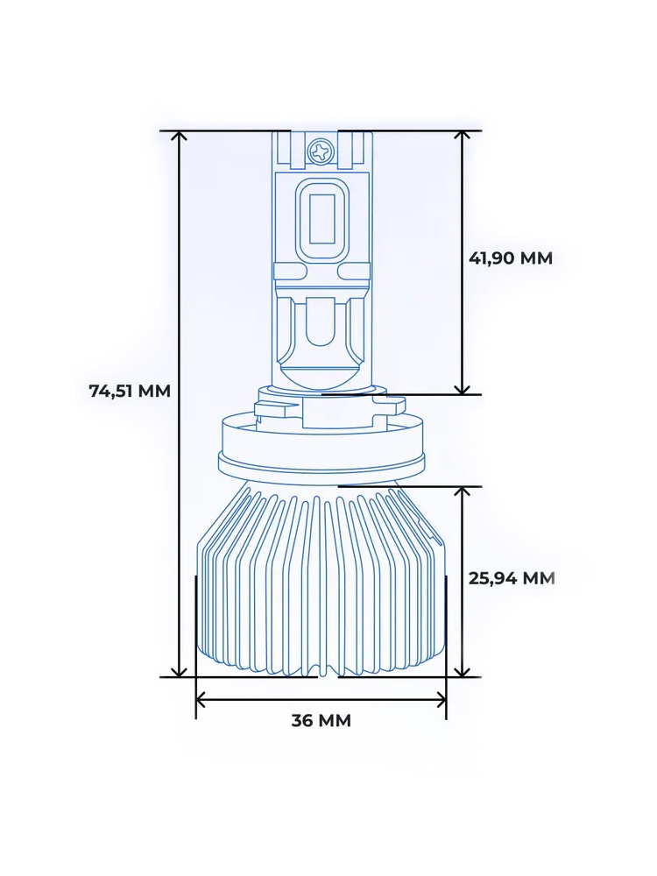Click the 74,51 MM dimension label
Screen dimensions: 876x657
tap(130, 392)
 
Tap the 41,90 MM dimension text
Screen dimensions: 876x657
tap(511, 258)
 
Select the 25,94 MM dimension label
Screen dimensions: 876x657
tap(512, 578)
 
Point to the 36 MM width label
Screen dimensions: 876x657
tap(321, 721)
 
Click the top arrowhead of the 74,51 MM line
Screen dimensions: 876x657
tap(180, 138)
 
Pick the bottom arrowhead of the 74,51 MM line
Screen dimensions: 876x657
tap(180, 670)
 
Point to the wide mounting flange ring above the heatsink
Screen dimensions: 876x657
tap(321, 460)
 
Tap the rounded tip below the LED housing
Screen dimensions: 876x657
tap(321, 378)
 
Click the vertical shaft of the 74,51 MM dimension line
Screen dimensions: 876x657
tap(180, 526)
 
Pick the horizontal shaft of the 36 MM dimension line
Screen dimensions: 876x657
tap(321, 699)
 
